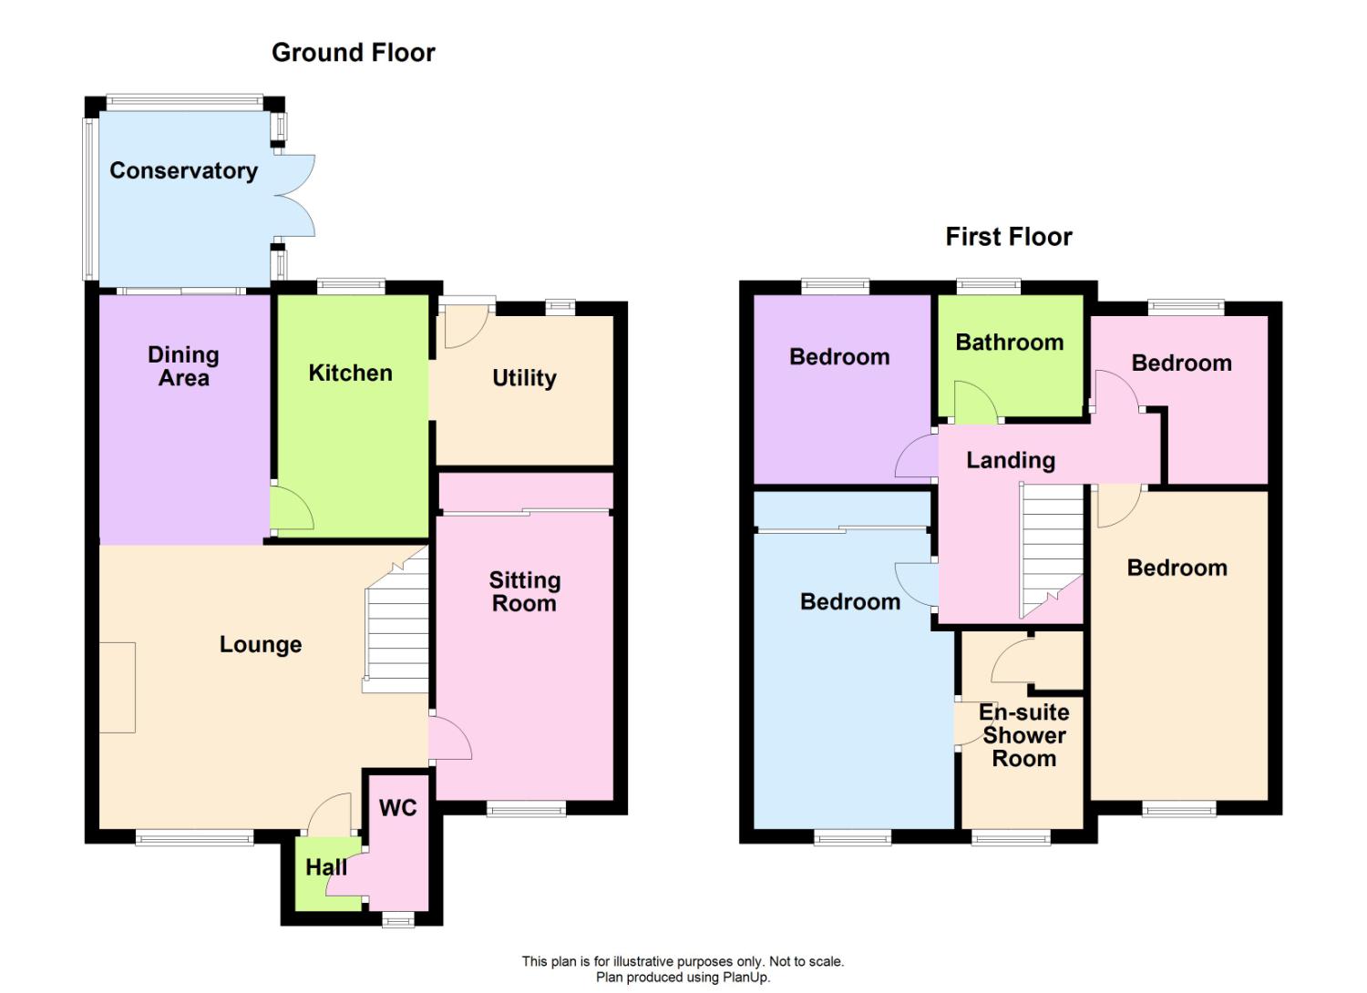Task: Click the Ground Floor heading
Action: point(354,53)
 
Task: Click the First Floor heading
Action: point(1009,237)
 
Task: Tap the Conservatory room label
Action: point(184,170)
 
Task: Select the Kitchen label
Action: point(350,373)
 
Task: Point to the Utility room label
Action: point(524,378)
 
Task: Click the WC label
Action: point(398,807)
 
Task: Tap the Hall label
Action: point(326,866)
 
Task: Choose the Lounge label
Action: point(261,645)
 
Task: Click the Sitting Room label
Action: point(525,591)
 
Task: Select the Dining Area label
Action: point(184,366)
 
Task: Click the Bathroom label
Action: point(1010,343)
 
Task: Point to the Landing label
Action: point(1011,460)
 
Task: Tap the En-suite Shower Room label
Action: point(1024,735)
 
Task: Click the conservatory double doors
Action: point(295,195)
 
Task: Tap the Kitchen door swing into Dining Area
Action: point(293,508)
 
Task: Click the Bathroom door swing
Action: point(975,402)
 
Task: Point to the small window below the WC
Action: point(398,920)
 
